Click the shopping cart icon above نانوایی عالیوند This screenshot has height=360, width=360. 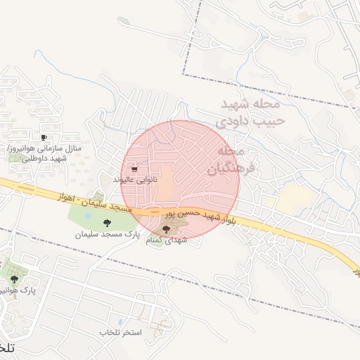tap(134, 169)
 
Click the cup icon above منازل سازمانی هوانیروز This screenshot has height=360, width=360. tap(44, 138)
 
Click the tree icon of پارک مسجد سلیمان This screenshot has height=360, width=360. tap(106, 223)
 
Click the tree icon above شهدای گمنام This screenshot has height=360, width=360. tap(166, 229)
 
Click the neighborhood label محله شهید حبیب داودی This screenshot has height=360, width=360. tap(250, 112)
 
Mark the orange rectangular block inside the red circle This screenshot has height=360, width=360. tap(164, 182)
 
